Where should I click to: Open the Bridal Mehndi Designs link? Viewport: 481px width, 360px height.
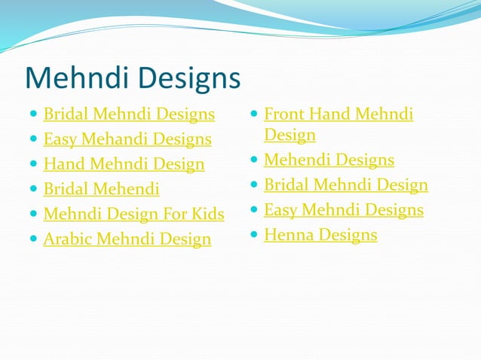point(129,114)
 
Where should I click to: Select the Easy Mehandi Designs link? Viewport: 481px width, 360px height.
point(127,139)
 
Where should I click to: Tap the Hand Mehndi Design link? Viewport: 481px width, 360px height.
point(124,164)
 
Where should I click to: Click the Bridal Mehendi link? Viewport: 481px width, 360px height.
point(101,189)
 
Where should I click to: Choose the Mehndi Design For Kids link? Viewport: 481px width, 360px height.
point(133,214)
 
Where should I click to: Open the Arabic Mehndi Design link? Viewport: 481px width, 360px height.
point(127,239)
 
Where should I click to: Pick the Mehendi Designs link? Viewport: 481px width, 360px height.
point(329,160)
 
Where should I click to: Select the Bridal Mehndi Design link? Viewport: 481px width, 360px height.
point(346,185)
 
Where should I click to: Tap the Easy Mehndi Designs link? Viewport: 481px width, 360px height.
point(344,209)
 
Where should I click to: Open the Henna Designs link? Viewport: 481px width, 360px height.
point(320,235)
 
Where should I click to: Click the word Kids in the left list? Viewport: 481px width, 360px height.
point(207,214)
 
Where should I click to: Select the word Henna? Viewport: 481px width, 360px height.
point(288,235)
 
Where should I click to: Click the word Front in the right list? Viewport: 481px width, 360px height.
point(284,114)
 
